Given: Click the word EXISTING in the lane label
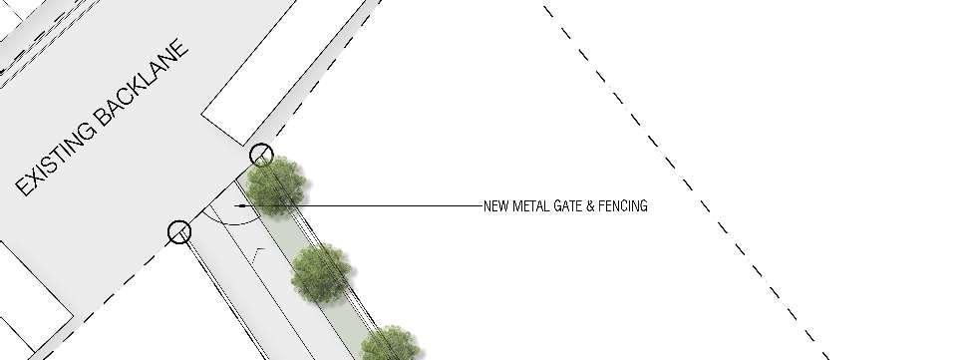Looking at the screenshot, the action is pos(56,159).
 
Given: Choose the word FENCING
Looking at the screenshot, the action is pos(624,206).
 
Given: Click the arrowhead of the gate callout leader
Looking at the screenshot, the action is pos(241,205).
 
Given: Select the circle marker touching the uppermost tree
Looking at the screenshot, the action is pos(261,155).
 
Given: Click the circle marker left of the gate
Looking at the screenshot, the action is pos(179,232).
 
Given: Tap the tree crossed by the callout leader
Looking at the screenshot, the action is pos(276,185).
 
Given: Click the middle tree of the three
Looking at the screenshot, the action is pos(321,273).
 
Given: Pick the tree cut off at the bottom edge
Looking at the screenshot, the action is pos(390,343).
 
